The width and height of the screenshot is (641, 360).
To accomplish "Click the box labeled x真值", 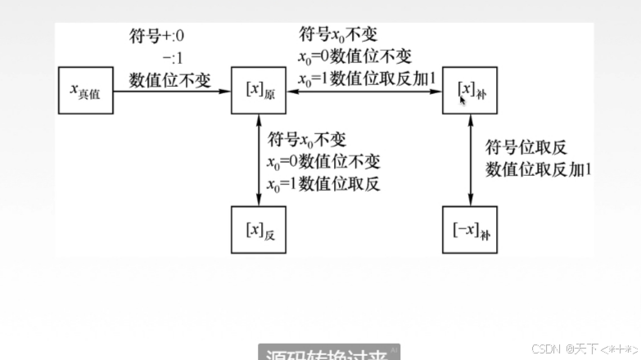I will (85, 90).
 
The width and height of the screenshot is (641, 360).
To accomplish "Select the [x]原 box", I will (260, 90).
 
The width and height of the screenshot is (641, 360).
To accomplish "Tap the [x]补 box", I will (469, 90).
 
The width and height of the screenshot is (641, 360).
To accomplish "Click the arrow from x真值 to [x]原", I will (172, 90).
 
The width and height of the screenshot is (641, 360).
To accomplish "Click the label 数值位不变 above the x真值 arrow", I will (169, 80).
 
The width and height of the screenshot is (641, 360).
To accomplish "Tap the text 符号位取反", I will (526, 147).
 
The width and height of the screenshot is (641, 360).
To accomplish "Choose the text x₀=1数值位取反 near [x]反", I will (323, 183).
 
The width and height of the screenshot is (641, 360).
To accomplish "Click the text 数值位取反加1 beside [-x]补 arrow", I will (539, 169).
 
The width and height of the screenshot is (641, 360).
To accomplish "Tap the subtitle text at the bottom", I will (328, 354).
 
